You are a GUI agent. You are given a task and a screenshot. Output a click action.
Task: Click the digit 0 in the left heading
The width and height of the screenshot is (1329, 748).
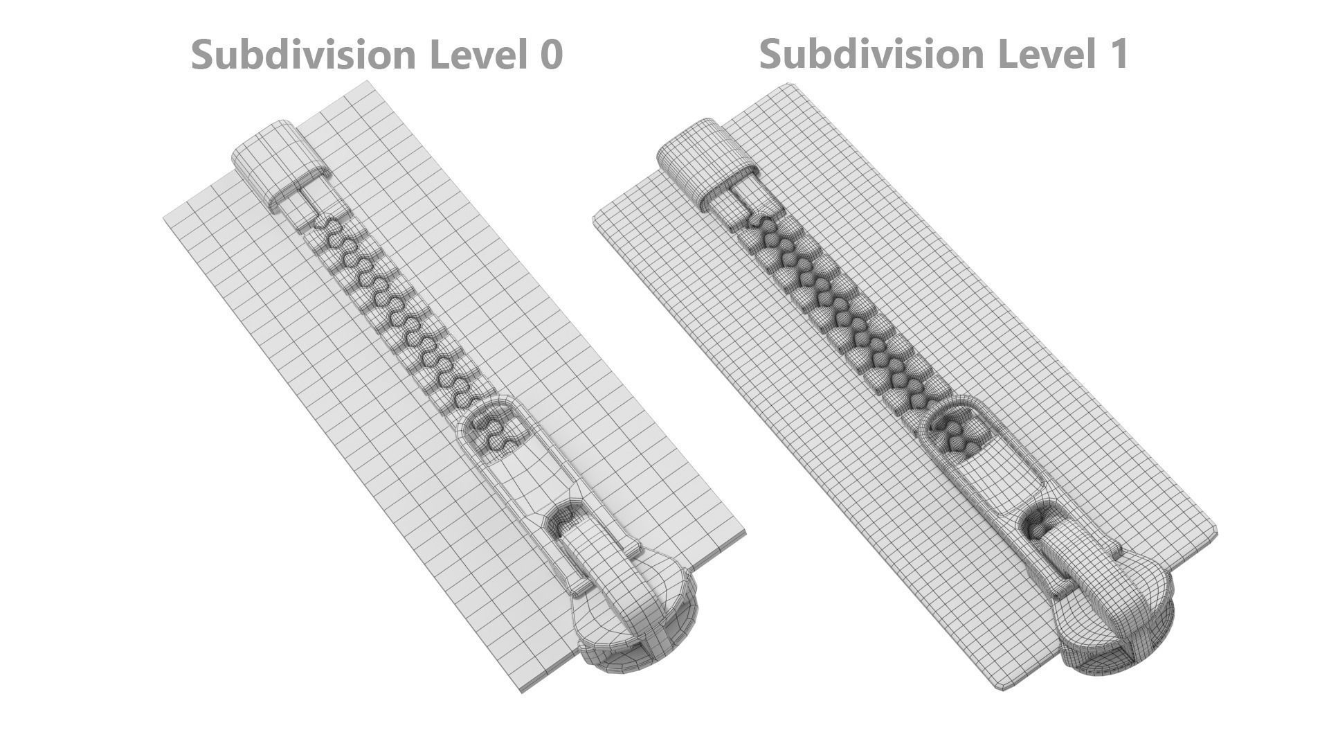coord(550,55)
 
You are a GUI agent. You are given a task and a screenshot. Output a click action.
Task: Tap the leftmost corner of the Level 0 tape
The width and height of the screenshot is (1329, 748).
coord(165,218)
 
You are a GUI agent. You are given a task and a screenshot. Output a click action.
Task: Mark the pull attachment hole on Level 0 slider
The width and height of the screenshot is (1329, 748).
coord(564,519)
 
